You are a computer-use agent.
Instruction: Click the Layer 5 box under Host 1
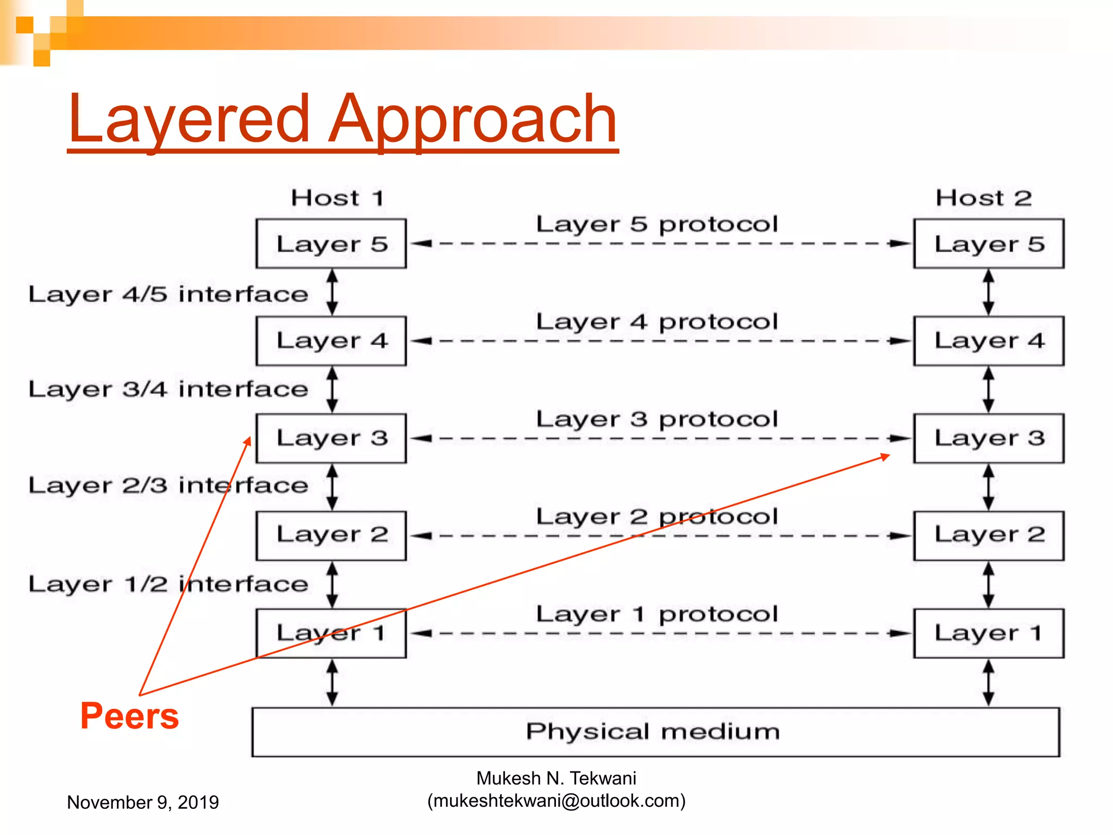(x=331, y=244)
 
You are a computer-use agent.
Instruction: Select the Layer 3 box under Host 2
(x=989, y=438)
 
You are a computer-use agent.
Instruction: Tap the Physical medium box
(x=655, y=732)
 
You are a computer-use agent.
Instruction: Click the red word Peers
(x=129, y=716)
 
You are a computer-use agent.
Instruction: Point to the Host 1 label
(x=337, y=197)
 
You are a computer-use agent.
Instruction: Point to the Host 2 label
(x=983, y=197)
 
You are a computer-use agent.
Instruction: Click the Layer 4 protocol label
(x=656, y=322)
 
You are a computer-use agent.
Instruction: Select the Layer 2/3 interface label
(x=168, y=485)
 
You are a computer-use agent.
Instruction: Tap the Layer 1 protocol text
(x=656, y=614)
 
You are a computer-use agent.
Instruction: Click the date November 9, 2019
(x=142, y=802)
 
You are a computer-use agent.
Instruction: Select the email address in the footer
(x=556, y=800)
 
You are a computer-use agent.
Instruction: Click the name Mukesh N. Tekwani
(x=556, y=778)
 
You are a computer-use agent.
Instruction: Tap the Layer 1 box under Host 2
(x=989, y=633)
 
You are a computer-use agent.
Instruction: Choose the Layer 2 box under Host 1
(x=331, y=535)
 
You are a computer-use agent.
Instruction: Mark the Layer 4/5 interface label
(x=168, y=294)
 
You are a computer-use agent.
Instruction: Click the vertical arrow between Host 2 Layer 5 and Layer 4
(x=989, y=292)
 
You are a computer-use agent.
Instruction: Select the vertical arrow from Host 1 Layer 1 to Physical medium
(x=332, y=683)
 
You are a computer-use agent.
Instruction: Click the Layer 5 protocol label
(x=656, y=224)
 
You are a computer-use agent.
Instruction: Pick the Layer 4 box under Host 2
(x=989, y=341)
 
